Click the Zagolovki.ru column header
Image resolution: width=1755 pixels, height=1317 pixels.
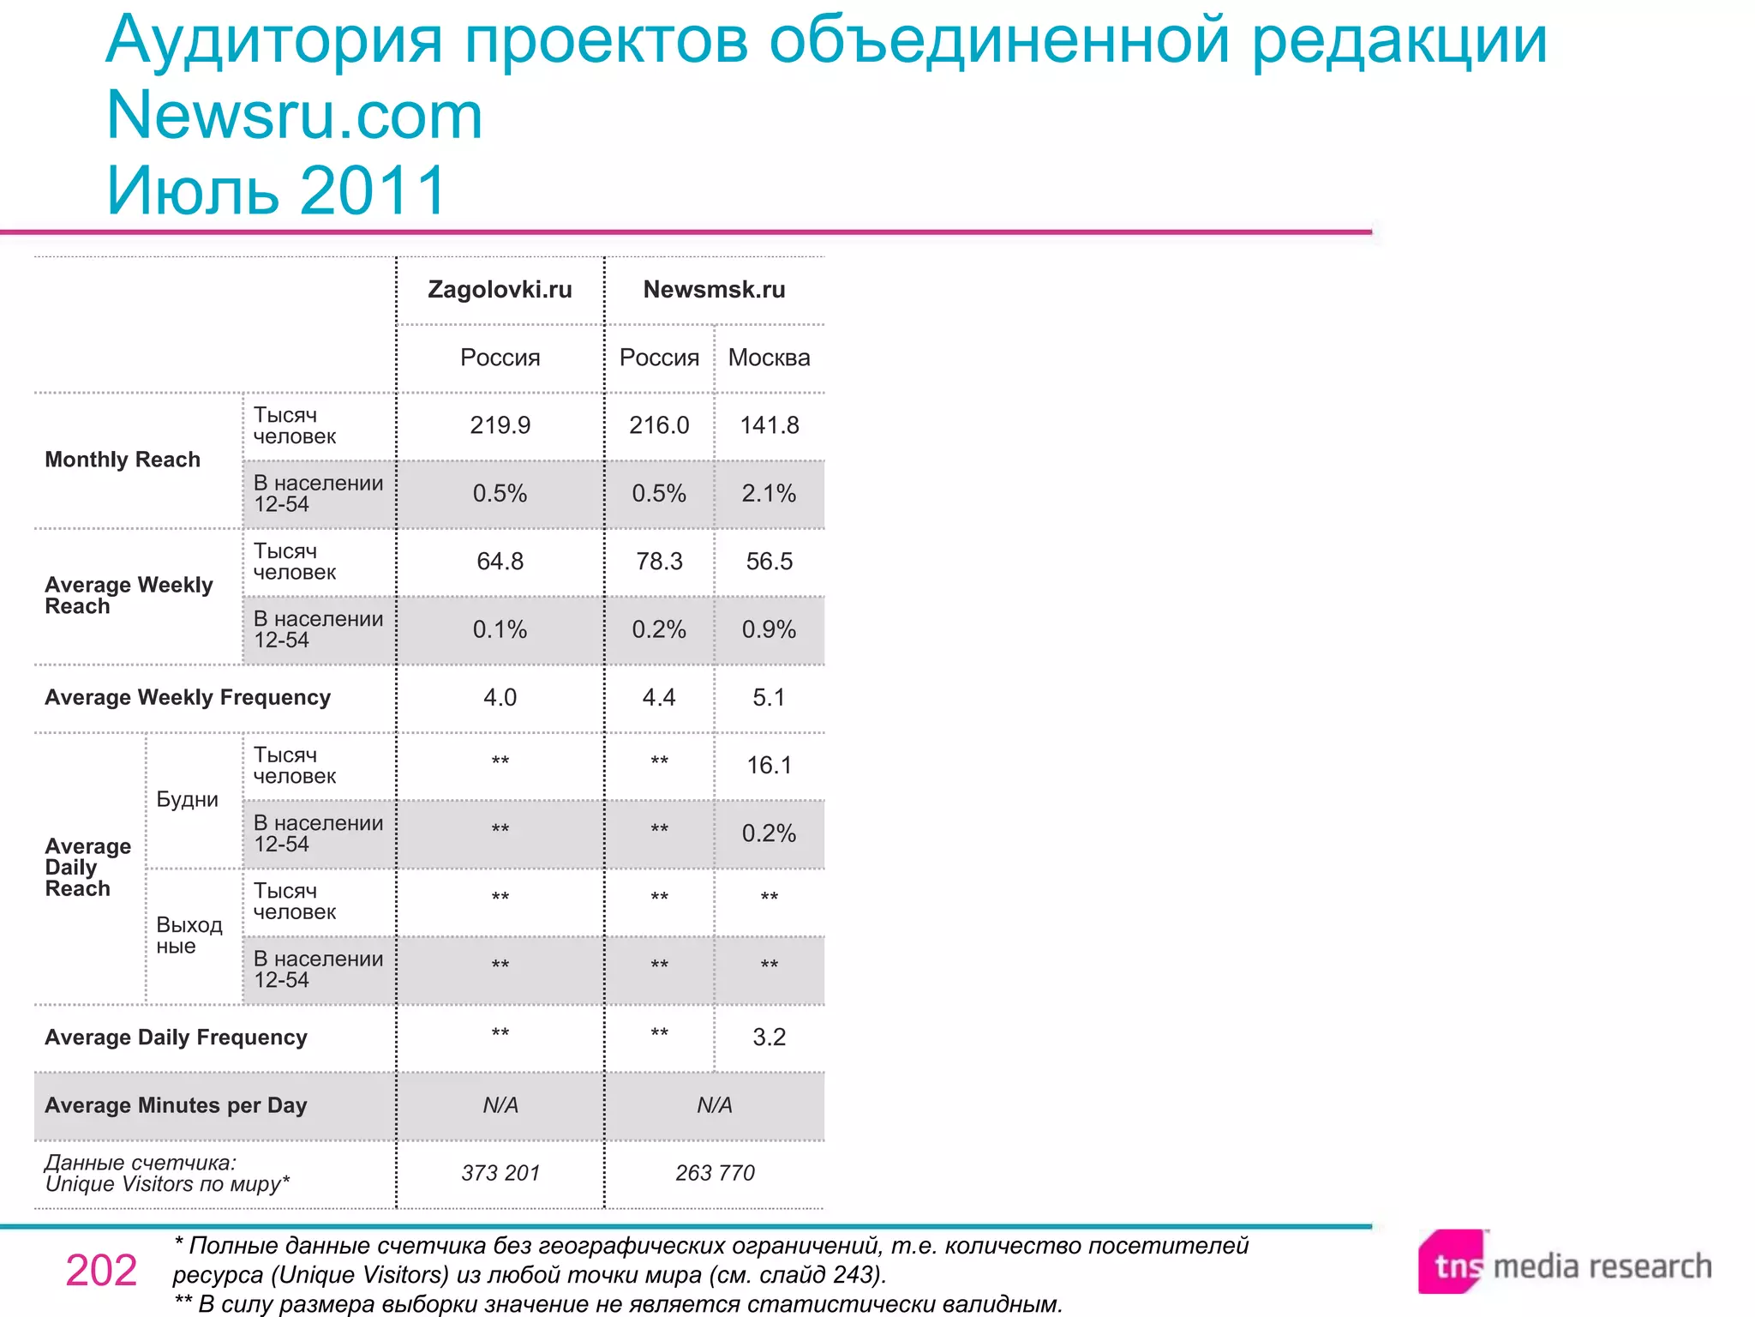500,290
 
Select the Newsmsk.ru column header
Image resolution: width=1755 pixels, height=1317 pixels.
714,290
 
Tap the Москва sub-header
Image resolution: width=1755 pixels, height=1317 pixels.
769,358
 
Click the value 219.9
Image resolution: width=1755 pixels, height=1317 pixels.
500,425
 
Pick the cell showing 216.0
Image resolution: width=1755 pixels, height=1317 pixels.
659,425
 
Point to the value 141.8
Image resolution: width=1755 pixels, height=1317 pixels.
769,425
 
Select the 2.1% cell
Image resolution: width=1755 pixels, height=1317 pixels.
769,493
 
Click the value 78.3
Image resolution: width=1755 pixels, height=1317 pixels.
659,562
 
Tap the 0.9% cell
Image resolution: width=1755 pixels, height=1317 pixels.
769,629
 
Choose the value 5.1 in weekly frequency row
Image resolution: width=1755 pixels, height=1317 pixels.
769,697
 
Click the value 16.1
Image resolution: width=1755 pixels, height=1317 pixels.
769,765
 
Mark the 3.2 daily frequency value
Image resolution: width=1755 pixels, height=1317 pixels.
769,1037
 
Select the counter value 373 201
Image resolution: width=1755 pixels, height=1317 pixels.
500,1173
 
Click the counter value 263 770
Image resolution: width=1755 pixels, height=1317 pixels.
715,1173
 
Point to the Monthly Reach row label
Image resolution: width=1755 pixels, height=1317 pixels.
123,460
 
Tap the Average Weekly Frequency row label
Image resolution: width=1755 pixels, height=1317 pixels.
188,697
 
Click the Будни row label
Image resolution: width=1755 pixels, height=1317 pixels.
187,799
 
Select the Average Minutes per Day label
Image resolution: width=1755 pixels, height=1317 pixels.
176,1105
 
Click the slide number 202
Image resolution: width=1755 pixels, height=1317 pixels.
101,1271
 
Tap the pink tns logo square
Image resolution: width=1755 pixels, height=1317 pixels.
1451,1261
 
